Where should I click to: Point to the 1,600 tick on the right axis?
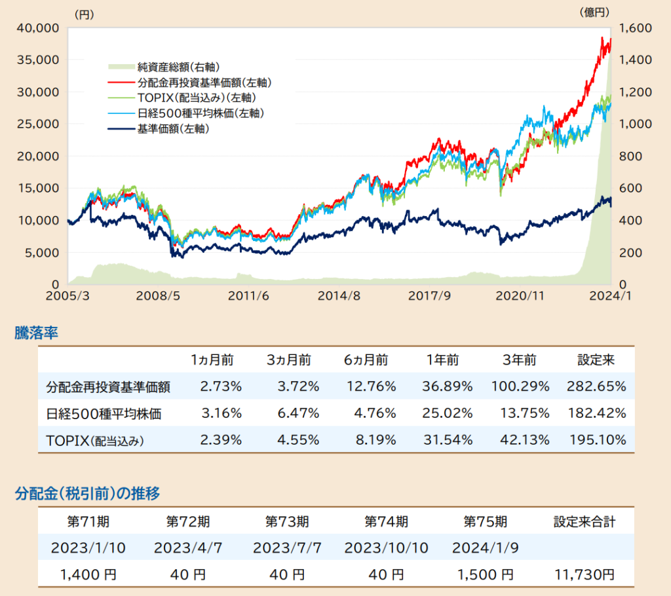pos(633,28)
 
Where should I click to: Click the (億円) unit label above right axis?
pos(594,12)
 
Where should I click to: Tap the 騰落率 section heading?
pos(37,333)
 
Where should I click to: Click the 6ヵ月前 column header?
pos(366,360)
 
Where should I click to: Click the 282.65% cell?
pos(596,386)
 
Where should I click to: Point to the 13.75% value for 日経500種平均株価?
pos(520,413)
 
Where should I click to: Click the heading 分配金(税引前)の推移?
pos(87,493)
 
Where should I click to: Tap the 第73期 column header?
pos(287,522)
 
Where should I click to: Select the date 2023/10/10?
pos(386,548)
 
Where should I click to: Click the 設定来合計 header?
pos(584,522)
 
